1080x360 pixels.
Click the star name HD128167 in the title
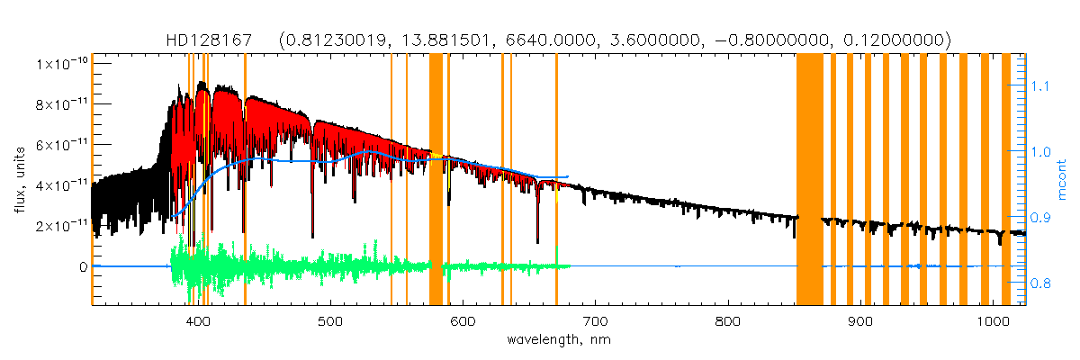click(210, 40)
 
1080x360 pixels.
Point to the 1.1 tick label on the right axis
click(1040, 86)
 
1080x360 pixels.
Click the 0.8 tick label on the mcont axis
click(1040, 284)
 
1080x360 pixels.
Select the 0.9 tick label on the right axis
click(1040, 218)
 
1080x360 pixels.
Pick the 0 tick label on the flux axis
click(82, 267)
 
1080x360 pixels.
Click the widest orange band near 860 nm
click(809, 180)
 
